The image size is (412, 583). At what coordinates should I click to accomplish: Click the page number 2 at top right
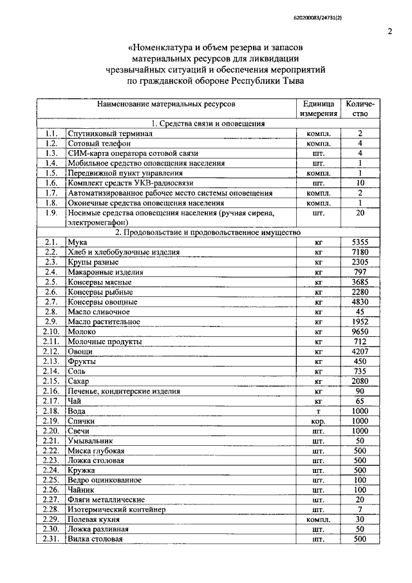click(390, 30)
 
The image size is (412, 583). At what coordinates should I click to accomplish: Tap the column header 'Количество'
click(360, 108)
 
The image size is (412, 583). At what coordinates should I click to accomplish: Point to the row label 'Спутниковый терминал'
click(109, 133)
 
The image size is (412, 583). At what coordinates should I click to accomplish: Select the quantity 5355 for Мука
click(360, 242)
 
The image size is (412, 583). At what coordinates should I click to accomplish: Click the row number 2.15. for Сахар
click(51, 381)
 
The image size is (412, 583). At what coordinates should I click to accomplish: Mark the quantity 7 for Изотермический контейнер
click(360, 510)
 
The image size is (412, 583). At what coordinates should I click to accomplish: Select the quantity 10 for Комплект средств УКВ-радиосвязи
click(360, 183)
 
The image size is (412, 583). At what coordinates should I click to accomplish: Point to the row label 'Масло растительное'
click(104, 321)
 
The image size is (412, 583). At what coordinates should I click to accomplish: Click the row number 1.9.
click(51, 213)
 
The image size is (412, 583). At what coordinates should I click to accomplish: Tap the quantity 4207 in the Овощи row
click(360, 351)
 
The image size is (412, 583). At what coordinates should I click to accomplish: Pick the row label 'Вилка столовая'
click(95, 539)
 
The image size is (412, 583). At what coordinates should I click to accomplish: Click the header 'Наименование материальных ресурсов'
click(166, 103)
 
